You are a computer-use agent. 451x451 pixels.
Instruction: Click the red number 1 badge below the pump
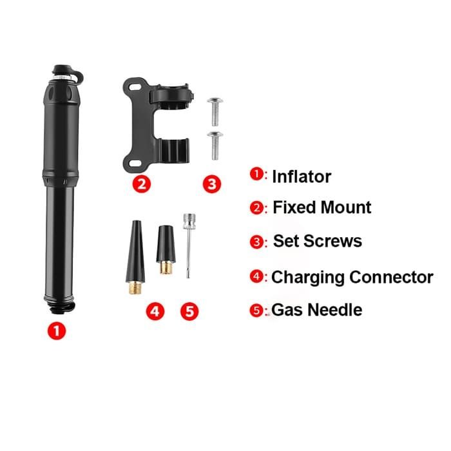(57, 332)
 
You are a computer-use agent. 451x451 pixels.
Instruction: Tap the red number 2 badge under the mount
(142, 184)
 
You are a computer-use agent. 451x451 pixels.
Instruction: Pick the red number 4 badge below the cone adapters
(155, 312)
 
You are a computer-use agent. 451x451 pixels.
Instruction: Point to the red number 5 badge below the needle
(189, 312)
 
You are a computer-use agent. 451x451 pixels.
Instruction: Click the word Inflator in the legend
(302, 176)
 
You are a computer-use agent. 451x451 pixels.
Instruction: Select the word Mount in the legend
(342, 207)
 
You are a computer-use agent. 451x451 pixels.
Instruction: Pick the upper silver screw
(214, 111)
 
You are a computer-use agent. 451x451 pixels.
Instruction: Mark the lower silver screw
(214, 145)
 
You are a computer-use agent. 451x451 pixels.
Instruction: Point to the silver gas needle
(188, 245)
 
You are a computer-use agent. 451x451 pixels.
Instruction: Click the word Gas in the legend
(287, 310)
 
